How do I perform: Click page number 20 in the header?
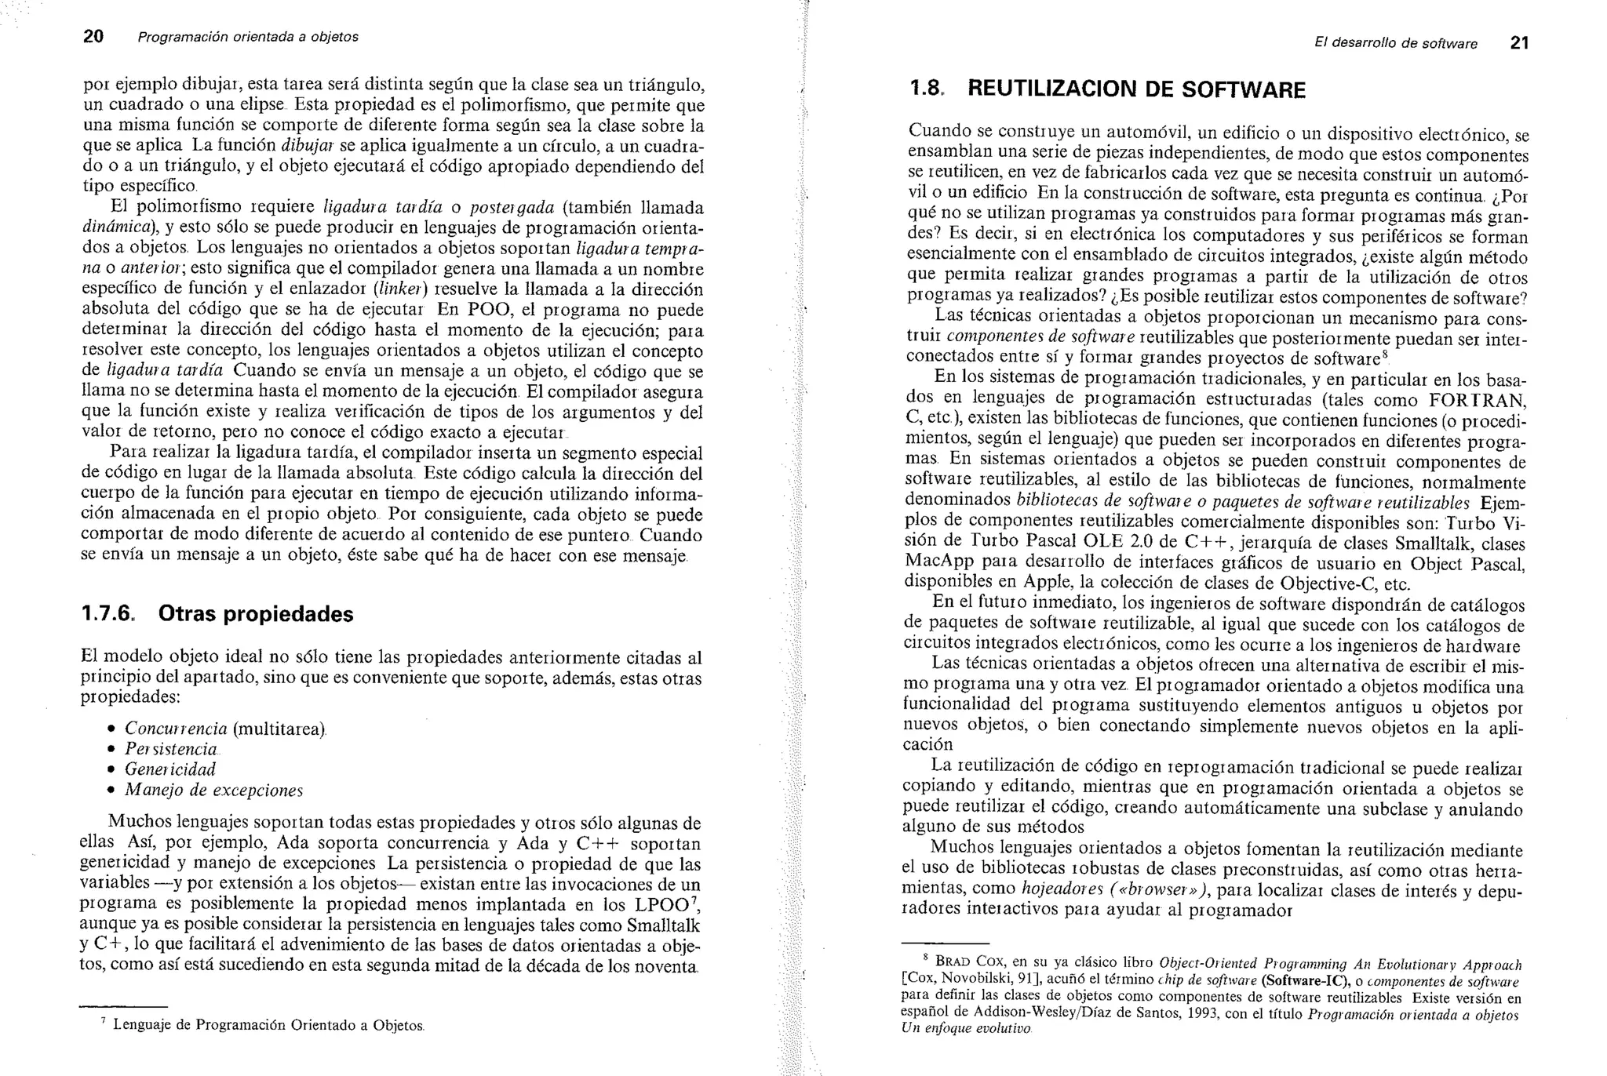[93, 37]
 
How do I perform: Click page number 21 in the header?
[1519, 44]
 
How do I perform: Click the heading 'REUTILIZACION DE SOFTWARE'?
[1136, 90]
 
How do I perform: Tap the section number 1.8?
[926, 89]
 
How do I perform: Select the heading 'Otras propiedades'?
[256, 614]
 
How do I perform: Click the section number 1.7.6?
[108, 614]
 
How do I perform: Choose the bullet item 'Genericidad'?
[169, 769]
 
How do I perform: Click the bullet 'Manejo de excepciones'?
[213, 790]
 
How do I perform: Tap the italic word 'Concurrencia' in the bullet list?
[176, 729]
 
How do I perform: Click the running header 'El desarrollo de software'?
[1396, 44]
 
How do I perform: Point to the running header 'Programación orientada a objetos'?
[248, 37]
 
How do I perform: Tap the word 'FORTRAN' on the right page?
[1477, 401]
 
